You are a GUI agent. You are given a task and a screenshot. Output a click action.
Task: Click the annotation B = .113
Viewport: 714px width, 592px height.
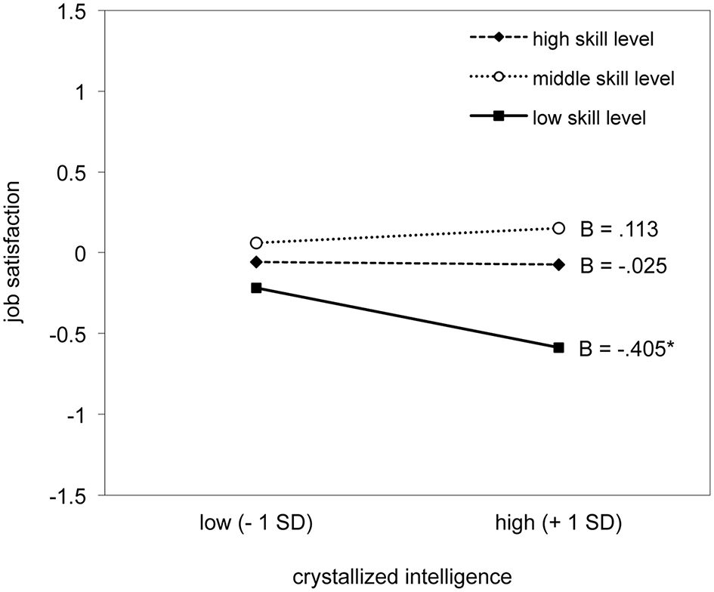click(x=620, y=229)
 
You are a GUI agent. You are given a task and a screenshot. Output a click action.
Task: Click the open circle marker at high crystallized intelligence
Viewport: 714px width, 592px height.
click(x=559, y=228)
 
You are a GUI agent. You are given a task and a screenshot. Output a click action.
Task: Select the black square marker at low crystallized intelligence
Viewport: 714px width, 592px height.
click(x=256, y=288)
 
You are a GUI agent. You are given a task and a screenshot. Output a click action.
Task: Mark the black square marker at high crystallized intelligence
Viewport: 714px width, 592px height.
click(x=559, y=347)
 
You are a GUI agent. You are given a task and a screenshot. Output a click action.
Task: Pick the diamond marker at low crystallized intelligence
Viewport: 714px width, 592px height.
click(x=256, y=262)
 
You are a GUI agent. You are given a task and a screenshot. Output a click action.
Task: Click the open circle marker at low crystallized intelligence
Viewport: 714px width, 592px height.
click(x=256, y=243)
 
